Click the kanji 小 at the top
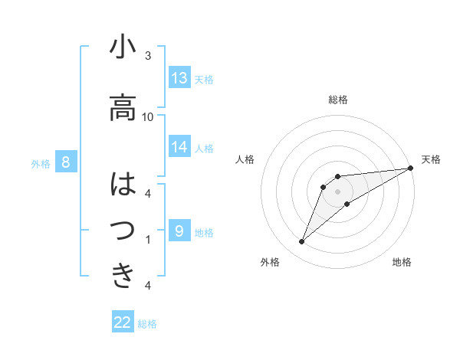pyautogui.click(x=123, y=47)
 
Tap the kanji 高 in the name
pyautogui.click(x=123, y=107)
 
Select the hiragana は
pyautogui.click(x=123, y=185)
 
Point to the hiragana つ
pyautogui.click(x=123, y=230)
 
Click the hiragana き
pyautogui.click(x=123, y=274)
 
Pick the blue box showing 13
pyautogui.click(x=179, y=77)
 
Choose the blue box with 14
pyautogui.click(x=179, y=147)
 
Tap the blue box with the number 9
pyautogui.click(x=179, y=231)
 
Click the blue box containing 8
pyautogui.click(x=67, y=162)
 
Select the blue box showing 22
pyautogui.click(x=123, y=322)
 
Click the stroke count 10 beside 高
pyautogui.click(x=148, y=116)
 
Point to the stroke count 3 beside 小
pyautogui.click(x=148, y=56)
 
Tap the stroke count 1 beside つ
pyautogui.click(x=148, y=240)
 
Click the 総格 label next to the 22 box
pyautogui.click(x=147, y=324)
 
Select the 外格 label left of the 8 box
pyautogui.click(x=41, y=163)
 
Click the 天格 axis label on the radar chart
pyautogui.click(x=431, y=159)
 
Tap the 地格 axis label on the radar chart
pyautogui.click(x=402, y=262)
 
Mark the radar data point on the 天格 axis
pyautogui.click(x=411, y=168)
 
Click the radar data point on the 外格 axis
pyautogui.click(x=301, y=242)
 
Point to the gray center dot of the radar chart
pyautogui.click(x=337, y=191)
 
